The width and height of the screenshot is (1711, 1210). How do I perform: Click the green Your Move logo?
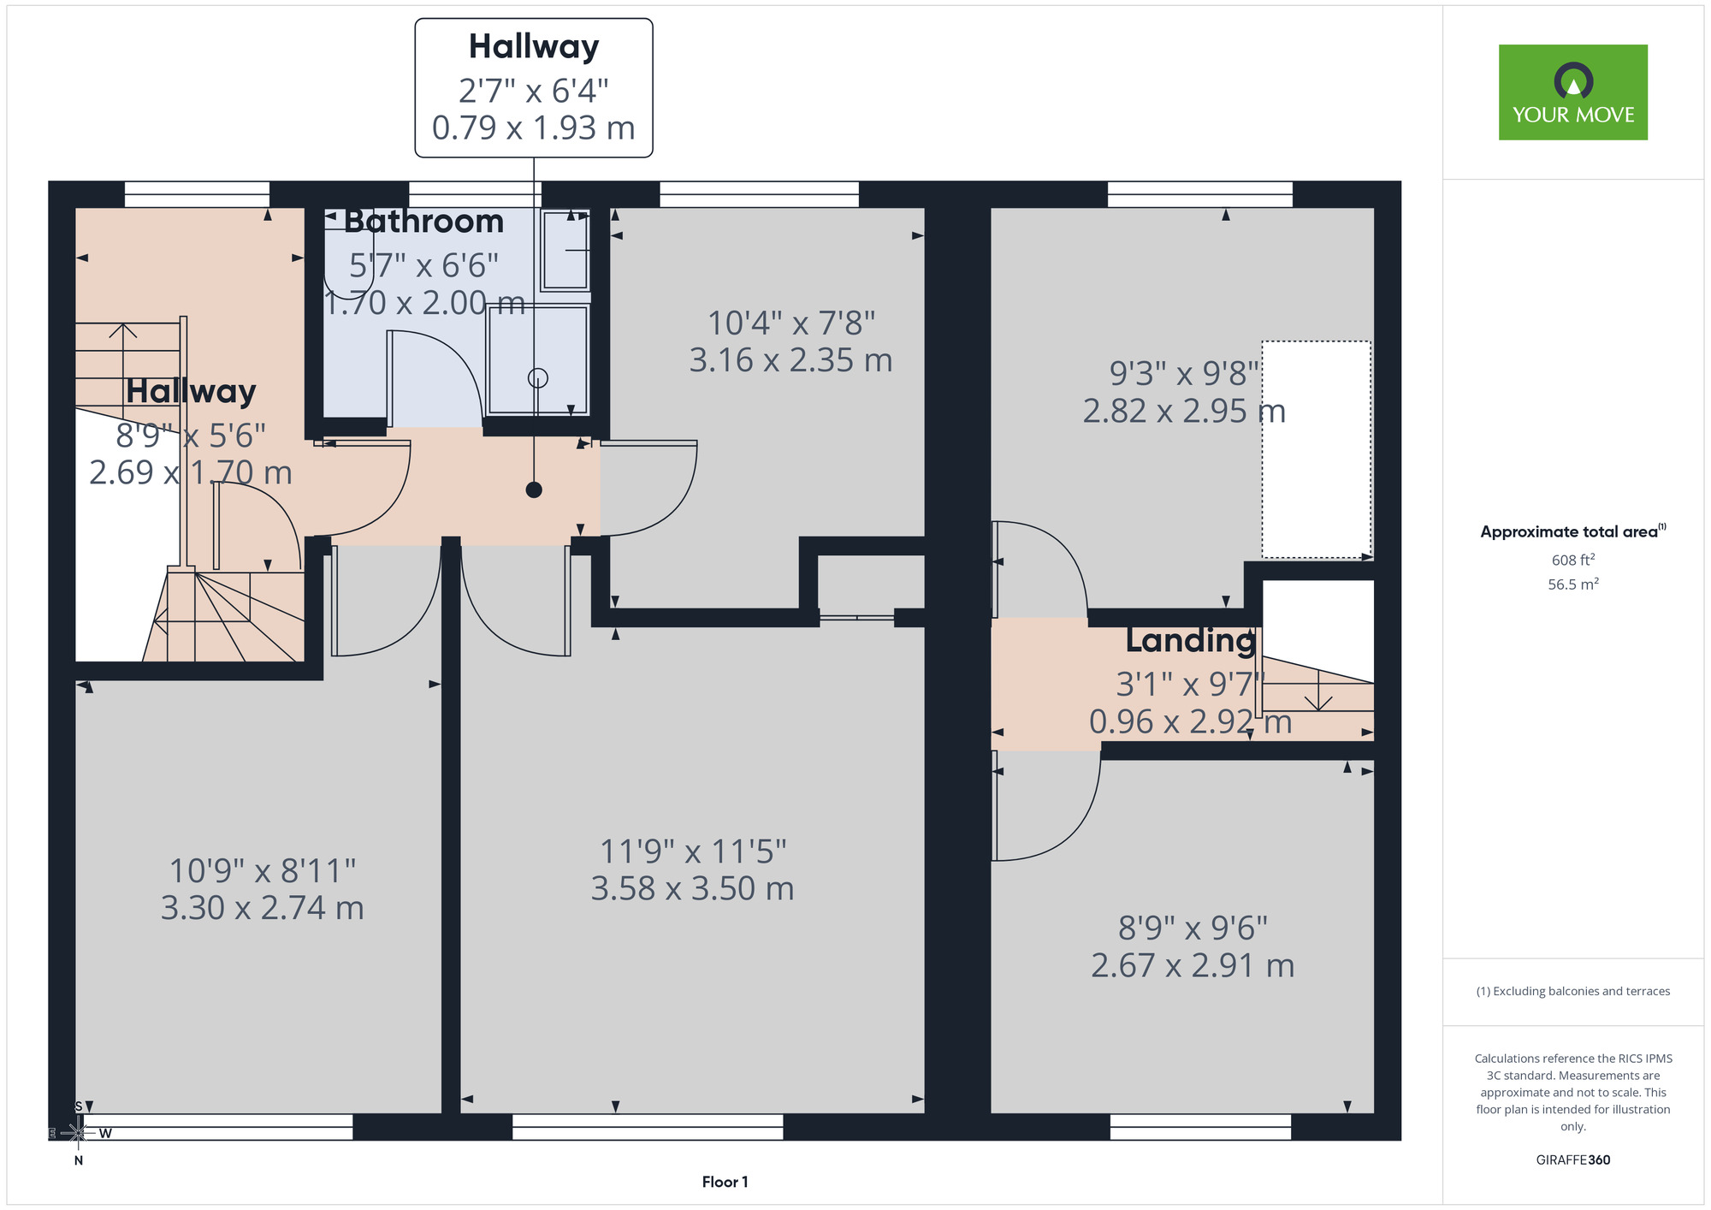click(1572, 92)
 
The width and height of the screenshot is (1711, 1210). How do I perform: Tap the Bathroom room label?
click(423, 222)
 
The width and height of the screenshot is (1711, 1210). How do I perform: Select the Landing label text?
click(1190, 640)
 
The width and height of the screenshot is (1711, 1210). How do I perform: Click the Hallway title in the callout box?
click(534, 46)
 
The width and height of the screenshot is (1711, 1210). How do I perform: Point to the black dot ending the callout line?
click(534, 489)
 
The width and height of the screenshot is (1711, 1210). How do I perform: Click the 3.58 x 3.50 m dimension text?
click(692, 888)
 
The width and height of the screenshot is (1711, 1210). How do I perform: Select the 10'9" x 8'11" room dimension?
click(262, 870)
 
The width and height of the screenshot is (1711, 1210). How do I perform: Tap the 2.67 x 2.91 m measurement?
click(1193, 965)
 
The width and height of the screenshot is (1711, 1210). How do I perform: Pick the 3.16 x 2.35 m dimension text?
click(790, 360)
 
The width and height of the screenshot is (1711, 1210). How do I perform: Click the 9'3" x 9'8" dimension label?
click(1185, 373)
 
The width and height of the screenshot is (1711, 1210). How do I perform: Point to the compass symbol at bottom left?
click(78, 1133)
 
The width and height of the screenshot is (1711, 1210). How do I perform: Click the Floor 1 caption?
click(725, 1182)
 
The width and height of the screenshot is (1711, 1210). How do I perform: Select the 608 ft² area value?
click(1572, 560)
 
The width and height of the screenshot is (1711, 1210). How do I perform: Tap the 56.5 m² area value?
click(1572, 584)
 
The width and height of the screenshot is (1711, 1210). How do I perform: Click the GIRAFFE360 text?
click(1572, 1160)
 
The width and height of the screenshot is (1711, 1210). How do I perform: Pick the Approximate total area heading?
click(1572, 531)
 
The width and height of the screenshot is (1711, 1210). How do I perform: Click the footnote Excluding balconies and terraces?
click(1572, 991)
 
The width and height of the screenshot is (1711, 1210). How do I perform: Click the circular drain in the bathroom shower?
click(537, 377)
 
